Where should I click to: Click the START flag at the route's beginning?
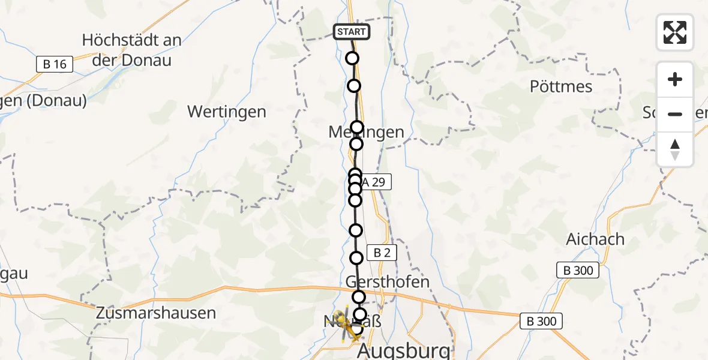[352, 32]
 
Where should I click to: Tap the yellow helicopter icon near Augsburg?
[346, 324]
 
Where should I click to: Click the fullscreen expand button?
[675, 32]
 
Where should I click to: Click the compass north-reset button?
[675, 149]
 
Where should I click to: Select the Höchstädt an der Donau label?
[131, 50]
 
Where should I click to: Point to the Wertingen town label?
[226, 112]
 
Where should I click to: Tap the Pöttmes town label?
[561, 86]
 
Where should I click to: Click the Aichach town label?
[595, 239]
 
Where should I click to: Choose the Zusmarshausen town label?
[156, 313]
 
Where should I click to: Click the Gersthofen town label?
[388, 281]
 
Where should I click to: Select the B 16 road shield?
[55, 64]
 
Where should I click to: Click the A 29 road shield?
[374, 182]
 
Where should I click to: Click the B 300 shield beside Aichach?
[578, 271]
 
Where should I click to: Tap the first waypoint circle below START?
[352, 58]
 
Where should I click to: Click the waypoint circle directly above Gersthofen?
[356, 258]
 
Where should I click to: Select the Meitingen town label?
[367, 133]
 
